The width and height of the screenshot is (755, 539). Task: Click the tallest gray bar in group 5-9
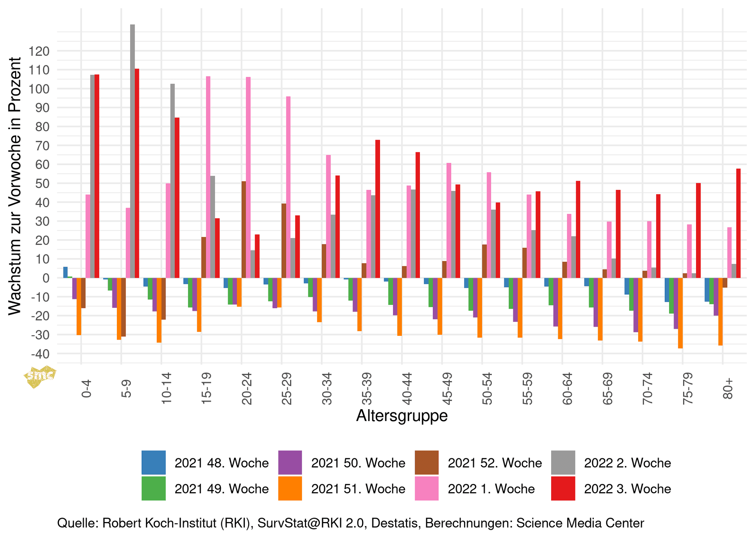pyautogui.click(x=132, y=151)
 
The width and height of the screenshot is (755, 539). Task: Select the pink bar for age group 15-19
pyautogui.click(x=208, y=177)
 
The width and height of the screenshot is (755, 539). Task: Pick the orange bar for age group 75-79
pyautogui.click(x=680, y=313)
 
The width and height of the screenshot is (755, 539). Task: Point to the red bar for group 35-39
pyautogui.click(x=377, y=209)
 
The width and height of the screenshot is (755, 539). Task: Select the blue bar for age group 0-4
pyautogui.click(x=65, y=272)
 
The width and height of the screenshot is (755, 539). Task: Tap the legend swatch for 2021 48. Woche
pyautogui.click(x=153, y=462)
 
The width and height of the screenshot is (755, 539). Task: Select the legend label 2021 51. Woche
pyautogui.click(x=358, y=488)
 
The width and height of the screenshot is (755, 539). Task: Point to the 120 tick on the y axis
pyautogui.click(x=41, y=51)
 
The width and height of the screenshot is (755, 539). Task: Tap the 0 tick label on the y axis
pyautogui.click(x=46, y=278)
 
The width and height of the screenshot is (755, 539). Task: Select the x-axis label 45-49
pyautogui.click(x=446, y=389)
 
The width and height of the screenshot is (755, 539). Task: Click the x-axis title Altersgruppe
pyautogui.click(x=402, y=415)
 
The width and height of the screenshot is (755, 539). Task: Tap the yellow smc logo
pyautogui.click(x=40, y=376)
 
